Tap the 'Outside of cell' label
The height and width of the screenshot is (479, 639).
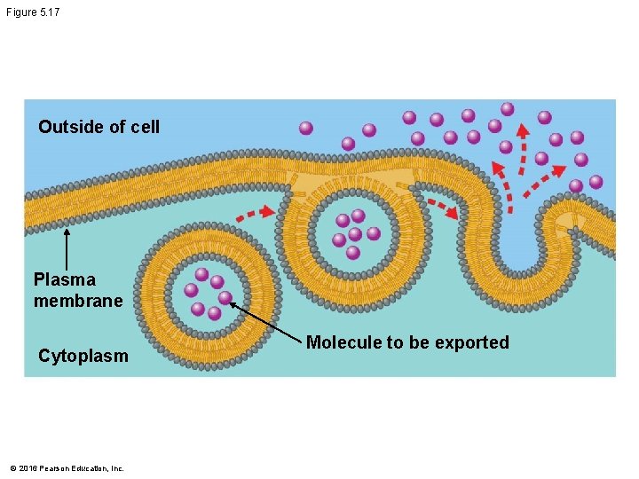coord(99,127)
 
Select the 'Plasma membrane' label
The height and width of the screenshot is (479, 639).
coord(77,290)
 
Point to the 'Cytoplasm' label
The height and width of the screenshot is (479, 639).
coord(83,356)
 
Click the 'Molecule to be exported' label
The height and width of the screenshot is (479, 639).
coord(407,342)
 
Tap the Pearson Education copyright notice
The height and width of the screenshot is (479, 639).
coord(67,467)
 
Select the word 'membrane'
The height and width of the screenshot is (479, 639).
coord(77,301)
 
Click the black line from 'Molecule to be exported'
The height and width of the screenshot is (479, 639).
coord(266,321)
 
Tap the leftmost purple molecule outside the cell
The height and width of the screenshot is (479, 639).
coord(306,128)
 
